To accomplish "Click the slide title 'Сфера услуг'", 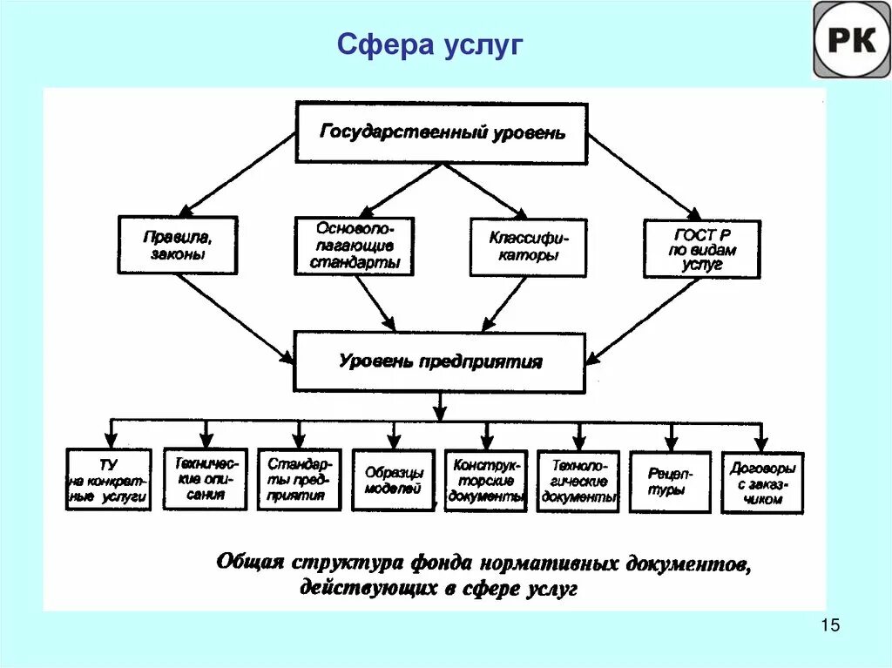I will pos(430,44).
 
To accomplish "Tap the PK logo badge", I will pos(851,40).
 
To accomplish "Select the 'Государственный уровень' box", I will pos(442,133).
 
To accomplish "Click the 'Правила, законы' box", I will pos(178,245).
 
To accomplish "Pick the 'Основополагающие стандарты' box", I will pos(355,245).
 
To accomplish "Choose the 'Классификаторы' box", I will pos(528,246).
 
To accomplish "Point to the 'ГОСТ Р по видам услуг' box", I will pos(701,249).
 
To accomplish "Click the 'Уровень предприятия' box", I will pos(440,361).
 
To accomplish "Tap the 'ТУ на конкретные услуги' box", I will pos(109,479).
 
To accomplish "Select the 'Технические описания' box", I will pos(205,478).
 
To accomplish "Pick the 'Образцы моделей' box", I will pos(393,480).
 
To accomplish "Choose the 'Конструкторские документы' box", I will pos(486,480).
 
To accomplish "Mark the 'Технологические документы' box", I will pos(578,481).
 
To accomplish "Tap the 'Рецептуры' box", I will pos(670,482).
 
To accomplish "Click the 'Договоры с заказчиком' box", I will pos(762,482).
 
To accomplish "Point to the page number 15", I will pos(829,625).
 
